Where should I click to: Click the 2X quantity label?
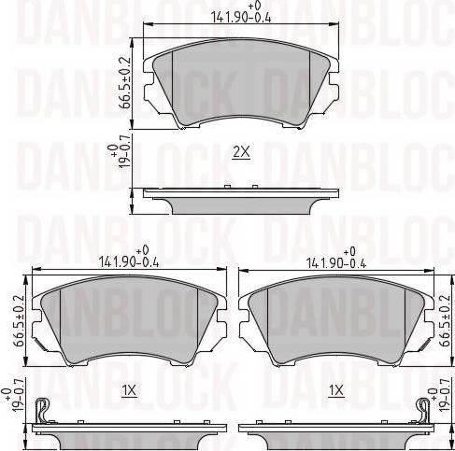241,152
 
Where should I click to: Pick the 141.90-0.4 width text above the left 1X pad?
131,261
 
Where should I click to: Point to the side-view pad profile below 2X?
241,200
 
